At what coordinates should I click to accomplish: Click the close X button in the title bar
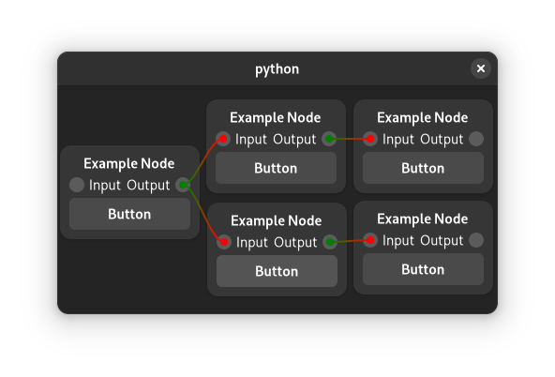pyautogui.click(x=480, y=68)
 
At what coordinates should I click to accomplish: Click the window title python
pyautogui.click(x=277, y=69)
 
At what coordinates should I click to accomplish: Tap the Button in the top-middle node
pyautogui.click(x=276, y=168)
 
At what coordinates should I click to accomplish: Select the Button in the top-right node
pyautogui.click(x=423, y=168)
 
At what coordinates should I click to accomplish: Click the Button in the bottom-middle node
pyautogui.click(x=277, y=271)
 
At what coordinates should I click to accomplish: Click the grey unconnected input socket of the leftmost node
pyautogui.click(x=77, y=185)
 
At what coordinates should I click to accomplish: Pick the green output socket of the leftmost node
pyautogui.click(x=183, y=185)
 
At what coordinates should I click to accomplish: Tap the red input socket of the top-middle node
pyautogui.click(x=223, y=139)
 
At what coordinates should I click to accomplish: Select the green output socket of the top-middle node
pyautogui.click(x=329, y=139)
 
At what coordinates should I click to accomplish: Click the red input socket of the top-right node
pyautogui.click(x=370, y=139)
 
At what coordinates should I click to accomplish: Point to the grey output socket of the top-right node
pyautogui.click(x=476, y=139)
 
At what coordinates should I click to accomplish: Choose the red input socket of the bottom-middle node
pyautogui.click(x=224, y=242)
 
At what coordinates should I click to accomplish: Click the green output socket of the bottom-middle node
pyautogui.click(x=330, y=242)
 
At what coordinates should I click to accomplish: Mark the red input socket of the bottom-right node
pyautogui.click(x=370, y=240)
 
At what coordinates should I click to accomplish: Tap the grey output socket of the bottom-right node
pyautogui.click(x=476, y=240)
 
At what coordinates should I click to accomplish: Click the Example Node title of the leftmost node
pyautogui.click(x=129, y=163)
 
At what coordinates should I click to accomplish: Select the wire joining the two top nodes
pyautogui.click(x=350, y=139)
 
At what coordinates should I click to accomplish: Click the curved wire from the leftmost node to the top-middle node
pyautogui.click(x=202, y=162)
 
